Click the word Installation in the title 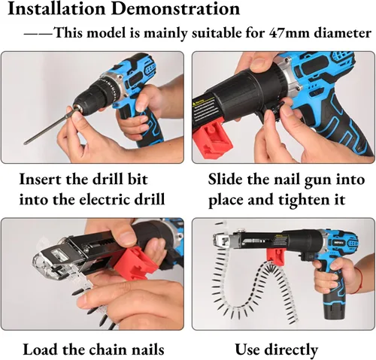(56, 9)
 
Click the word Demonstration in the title (176, 9)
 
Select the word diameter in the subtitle (342, 33)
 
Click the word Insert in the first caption (40, 180)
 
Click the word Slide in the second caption (225, 180)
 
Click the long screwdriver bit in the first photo (49, 126)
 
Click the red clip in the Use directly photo (275, 258)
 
